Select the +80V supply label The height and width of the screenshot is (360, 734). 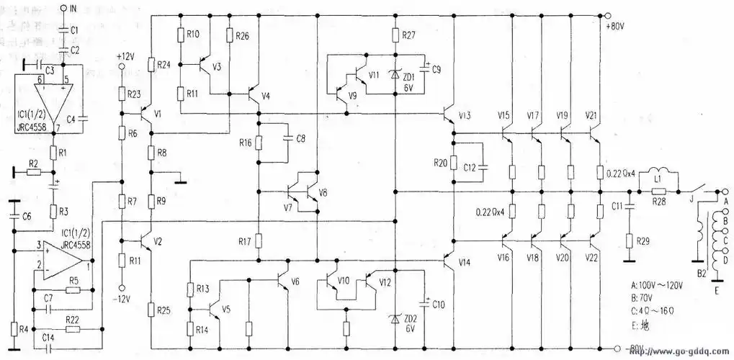[x=617, y=27]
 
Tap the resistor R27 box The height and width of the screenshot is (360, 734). [x=395, y=35]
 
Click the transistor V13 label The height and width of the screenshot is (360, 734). [x=465, y=116]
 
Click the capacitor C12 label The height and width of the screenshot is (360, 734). [x=470, y=168]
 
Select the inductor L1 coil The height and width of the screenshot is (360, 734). [x=660, y=175]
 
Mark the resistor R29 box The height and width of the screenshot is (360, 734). [x=630, y=240]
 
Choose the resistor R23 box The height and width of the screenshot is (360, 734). [x=122, y=94]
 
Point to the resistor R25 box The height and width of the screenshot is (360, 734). [x=152, y=310]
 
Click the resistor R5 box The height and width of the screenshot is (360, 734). [x=72, y=290]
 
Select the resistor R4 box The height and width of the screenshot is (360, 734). [x=14, y=330]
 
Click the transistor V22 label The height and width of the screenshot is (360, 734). [x=591, y=257]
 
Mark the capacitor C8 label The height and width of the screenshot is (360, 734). [x=300, y=138]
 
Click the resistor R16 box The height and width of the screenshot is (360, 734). [x=257, y=143]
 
